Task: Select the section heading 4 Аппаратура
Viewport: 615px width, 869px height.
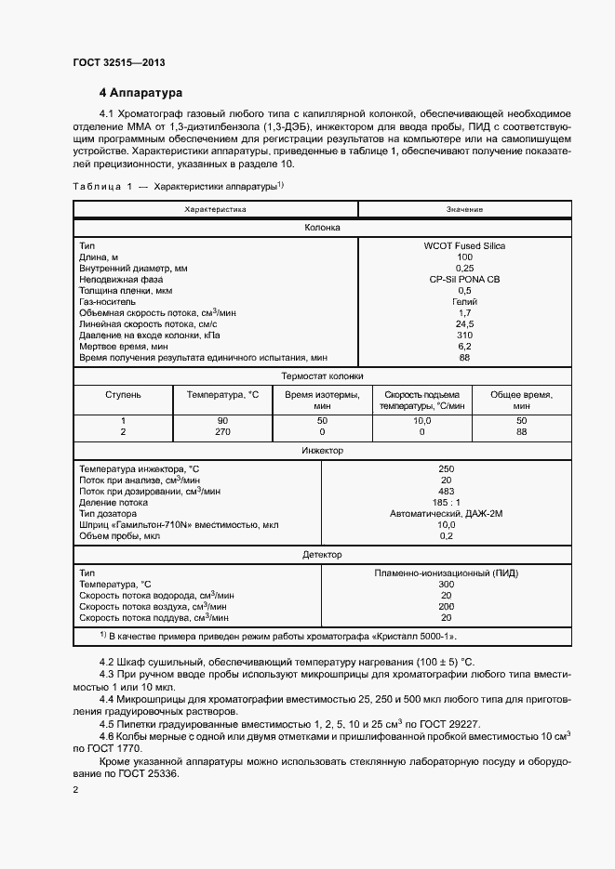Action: coord(141,93)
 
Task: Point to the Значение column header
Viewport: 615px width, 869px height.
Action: coord(464,210)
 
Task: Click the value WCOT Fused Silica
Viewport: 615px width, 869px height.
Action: coord(464,245)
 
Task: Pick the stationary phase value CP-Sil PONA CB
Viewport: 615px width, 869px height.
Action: coord(464,279)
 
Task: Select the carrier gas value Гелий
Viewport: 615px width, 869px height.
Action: coord(464,301)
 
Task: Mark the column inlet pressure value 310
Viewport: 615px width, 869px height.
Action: coord(464,335)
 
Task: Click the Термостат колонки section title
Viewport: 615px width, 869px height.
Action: coord(322,376)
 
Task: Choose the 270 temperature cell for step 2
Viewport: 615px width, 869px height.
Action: coord(222,432)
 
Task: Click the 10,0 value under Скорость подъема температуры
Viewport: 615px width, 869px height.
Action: coord(421,421)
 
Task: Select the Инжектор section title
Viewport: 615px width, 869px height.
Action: coord(322,451)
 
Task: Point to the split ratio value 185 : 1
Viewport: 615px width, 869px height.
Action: coord(446,502)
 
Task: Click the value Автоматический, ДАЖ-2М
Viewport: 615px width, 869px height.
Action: coord(446,513)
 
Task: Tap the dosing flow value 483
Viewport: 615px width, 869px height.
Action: coord(446,491)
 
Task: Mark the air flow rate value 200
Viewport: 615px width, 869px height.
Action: coord(446,606)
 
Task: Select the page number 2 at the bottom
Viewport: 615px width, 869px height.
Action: coord(76,790)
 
